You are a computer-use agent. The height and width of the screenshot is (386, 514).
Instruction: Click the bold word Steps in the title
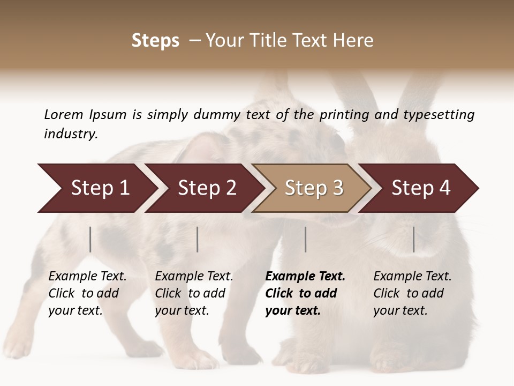(155, 41)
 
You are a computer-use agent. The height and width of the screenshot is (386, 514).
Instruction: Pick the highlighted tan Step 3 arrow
(314, 188)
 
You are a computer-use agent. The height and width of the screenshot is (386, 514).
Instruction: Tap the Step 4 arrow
(421, 188)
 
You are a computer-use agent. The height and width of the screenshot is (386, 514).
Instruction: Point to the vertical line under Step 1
(90, 239)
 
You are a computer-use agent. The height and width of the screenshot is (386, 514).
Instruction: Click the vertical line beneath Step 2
(198, 239)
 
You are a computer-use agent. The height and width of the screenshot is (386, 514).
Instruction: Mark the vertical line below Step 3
(306, 239)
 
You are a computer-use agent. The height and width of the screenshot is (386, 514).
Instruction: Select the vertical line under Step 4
(414, 239)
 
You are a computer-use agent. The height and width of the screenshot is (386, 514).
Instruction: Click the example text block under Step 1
(87, 293)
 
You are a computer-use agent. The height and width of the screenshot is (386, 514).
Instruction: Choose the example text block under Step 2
(194, 293)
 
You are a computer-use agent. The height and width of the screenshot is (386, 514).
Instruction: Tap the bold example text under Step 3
(305, 293)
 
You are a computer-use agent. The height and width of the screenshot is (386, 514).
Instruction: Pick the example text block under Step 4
(412, 293)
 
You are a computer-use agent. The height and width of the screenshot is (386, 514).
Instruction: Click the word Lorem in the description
(63, 115)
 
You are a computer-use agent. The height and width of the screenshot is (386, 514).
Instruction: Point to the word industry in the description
(71, 134)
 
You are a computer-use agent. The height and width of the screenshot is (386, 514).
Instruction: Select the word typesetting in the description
(438, 115)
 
